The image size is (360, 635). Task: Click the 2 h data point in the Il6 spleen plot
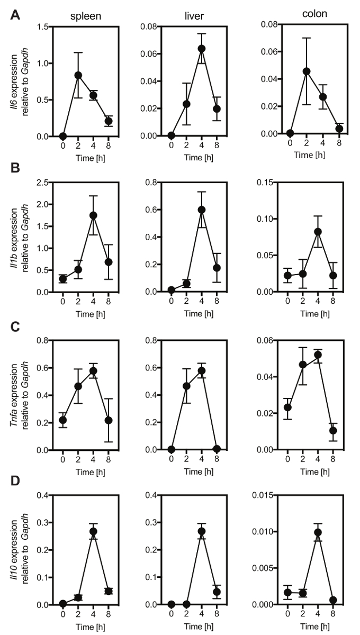[x=78, y=75]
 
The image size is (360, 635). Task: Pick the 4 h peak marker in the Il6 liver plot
[x=201, y=49]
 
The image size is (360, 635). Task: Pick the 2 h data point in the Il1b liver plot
[x=186, y=284]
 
